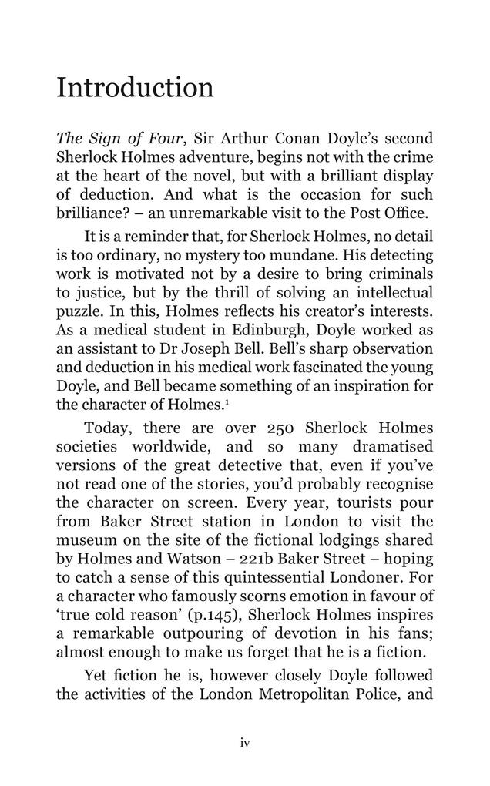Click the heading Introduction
point(135,87)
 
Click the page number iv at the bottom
point(245,743)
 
